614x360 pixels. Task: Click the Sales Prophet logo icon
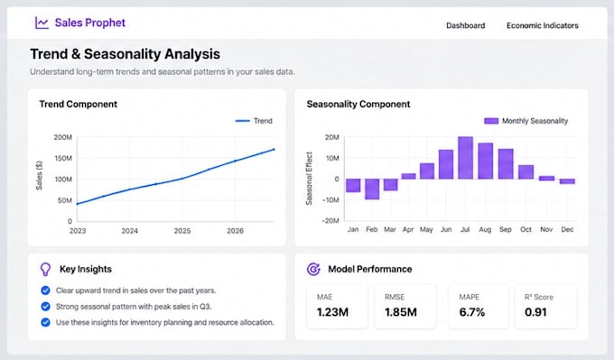pos(42,23)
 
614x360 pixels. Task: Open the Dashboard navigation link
pos(466,25)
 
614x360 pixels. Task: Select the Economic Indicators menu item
pos(543,25)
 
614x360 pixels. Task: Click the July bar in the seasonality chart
pos(465,158)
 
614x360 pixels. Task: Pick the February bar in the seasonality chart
pos(372,189)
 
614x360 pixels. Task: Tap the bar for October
pos(526,171)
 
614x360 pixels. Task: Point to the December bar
pos(567,181)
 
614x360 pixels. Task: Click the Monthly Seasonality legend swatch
pos(491,121)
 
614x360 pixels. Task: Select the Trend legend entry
pos(254,121)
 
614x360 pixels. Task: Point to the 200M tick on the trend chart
pos(62,137)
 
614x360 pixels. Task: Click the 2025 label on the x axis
pos(182,231)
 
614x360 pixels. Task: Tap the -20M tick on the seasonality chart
pos(330,221)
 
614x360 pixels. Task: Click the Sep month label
pos(505,230)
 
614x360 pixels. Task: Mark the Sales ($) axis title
pos(39,175)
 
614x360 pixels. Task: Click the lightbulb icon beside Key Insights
pos(45,269)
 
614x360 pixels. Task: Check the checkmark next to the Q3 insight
pos(45,307)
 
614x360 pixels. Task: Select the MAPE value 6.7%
pos(472,312)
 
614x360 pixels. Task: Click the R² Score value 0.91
pos(535,312)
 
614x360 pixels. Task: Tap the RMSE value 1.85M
pos(401,312)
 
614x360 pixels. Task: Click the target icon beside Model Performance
pos(313,269)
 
